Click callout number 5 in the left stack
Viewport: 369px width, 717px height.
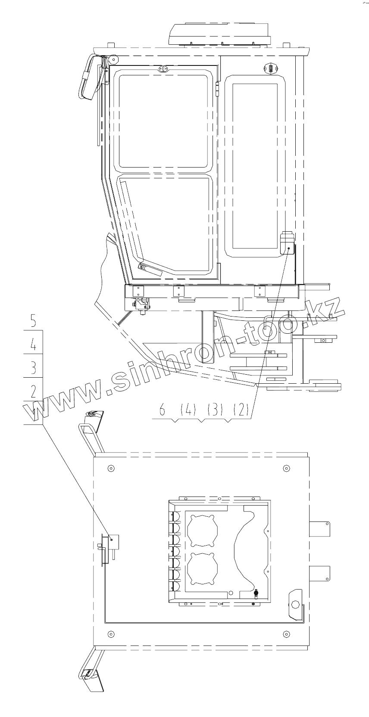pyautogui.click(x=33, y=321)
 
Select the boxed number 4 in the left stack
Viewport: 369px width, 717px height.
pyautogui.click(x=33, y=345)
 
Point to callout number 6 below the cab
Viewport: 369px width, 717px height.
pyautogui.click(x=162, y=409)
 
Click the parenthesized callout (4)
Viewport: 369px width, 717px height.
pyautogui.click(x=188, y=409)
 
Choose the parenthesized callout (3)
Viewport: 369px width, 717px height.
pyautogui.click(x=215, y=409)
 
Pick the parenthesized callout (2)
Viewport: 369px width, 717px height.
pyautogui.click(x=241, y=409)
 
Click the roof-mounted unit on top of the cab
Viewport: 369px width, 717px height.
pyautogui.click(x=220, y=33)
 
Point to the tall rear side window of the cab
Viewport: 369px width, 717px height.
pyautogui.click(x=255, y=166)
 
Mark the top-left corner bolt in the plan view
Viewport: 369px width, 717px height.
pyautogui.click(x=111, y=468)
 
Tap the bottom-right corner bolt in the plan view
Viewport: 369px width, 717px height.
pyautogui.click(x=287, y=633)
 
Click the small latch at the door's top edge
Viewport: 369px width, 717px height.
pyautogui.click(x=162, y=68)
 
